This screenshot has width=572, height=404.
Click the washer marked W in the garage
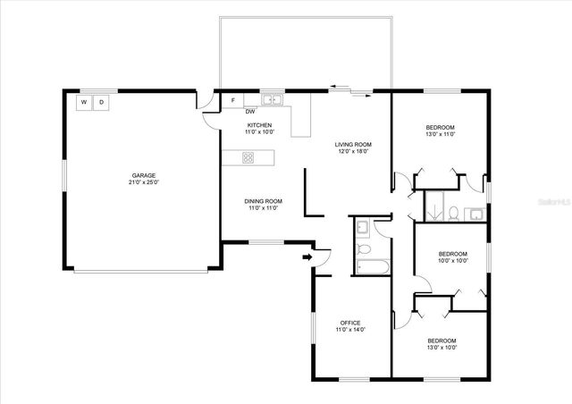pyautogui.click(x=85, y=103)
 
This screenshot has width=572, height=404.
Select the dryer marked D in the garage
pyautogui.click(x=101, y=103)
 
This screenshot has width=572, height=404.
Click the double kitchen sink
pyautogui.click(x=271, y=99)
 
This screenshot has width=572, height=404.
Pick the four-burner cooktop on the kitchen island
pyautogui.click(x=248, y=158)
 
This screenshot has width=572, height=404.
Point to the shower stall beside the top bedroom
pyautogui.click(x=435, y=207)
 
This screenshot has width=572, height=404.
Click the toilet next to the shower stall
pyautogui.click(x=455, y=213)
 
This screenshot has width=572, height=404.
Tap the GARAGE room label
pyautogui.click(x=143, y=175)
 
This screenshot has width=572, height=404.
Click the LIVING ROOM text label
pyautogui.click(x=353, y=144)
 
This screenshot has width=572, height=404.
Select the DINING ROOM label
pyautogui.click(x=264, y=201)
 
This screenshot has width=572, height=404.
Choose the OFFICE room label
pyautogui.click(x=349, y=323)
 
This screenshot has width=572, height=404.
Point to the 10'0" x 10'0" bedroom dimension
pyautogui.click(x=453, y=262)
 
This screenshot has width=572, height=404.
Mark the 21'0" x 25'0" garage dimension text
pyautogui.click(x=143, y=182)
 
